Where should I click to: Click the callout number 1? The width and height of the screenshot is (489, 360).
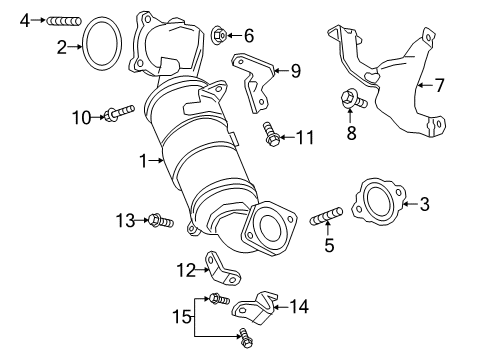point(142,159)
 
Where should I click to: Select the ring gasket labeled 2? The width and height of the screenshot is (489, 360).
point(98,46)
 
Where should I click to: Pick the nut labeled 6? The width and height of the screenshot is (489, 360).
point(218,36)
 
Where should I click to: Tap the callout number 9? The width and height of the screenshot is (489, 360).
point(295,69)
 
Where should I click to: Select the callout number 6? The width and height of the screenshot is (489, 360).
point(249,36)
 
